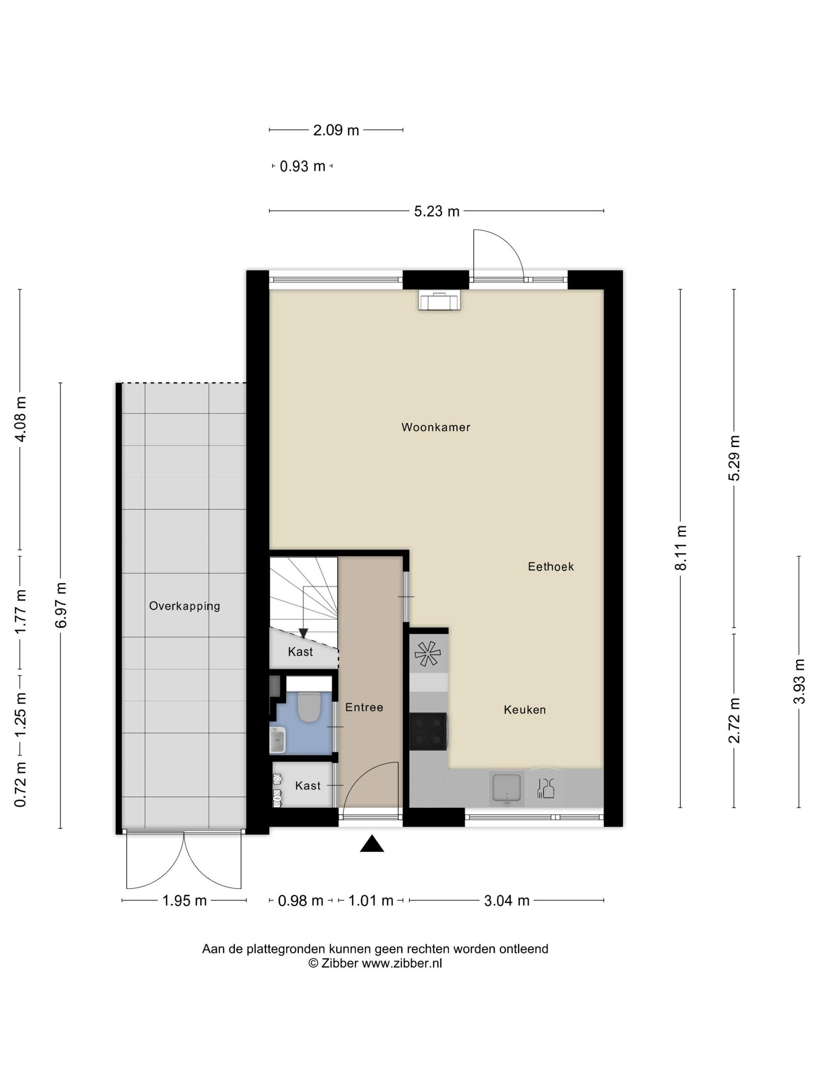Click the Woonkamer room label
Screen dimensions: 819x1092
pos(435,427)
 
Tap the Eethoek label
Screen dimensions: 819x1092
pos(551,567)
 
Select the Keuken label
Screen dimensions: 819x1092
pos(525,710)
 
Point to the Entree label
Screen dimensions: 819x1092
pos(364,707)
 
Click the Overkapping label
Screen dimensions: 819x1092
pos(184,606)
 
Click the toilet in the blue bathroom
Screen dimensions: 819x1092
pos(310,707)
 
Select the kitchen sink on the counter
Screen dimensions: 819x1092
pos(506,789)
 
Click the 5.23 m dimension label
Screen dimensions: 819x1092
pos(436,212)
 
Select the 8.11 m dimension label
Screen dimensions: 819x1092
pos(681,548)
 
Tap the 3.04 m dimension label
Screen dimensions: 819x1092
pos(507,901)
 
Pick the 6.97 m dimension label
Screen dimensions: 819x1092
pos(61,605)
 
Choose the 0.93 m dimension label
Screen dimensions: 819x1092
pos(303,167)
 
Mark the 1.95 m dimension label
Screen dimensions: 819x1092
pos(184,901)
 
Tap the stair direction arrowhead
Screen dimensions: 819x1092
pos(303,633)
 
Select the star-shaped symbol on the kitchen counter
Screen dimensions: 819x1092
pos(427,654)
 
